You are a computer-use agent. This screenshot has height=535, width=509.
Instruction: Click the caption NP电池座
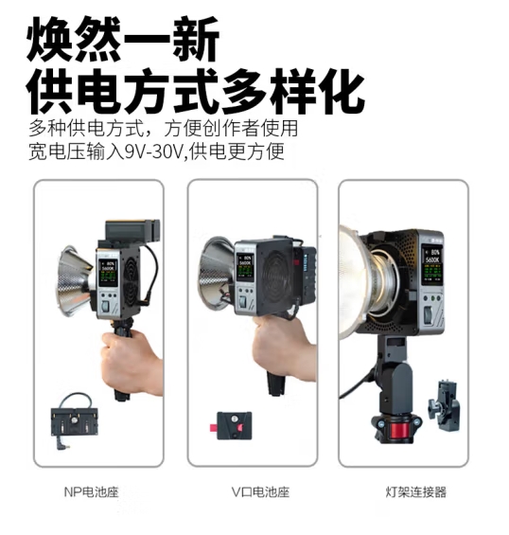(x=91, y=491)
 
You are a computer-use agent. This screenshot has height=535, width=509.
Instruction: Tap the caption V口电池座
(x=260, y=491)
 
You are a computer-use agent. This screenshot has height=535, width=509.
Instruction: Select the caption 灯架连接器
(x=415, y=491)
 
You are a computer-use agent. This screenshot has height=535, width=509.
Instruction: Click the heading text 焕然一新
(x=123, y=39)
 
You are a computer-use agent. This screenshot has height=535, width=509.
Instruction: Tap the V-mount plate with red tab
(x=232, y=425)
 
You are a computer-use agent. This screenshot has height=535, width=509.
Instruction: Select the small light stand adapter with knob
(x=444, y=405)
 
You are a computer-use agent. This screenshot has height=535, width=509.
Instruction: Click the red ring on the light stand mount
(x=396, y=431)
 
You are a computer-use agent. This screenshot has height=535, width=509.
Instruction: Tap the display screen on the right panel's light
(x=431, y=265)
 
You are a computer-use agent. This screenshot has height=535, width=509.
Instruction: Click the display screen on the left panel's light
(x=109, y=273)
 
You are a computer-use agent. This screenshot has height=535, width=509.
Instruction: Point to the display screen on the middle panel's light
(x=245, y=267)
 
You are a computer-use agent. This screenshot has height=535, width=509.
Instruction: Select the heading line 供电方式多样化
(x=196, y=91)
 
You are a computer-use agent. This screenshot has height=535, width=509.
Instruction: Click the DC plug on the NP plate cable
(x=61, y=444)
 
